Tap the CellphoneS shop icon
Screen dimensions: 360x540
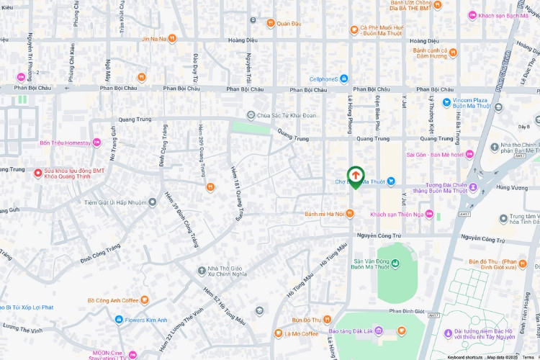pos(344,78)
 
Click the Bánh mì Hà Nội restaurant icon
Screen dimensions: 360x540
pos(350,213)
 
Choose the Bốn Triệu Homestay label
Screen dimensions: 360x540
pos(66,143)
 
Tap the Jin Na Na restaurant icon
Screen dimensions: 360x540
pos(171,38)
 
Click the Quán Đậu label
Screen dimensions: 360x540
pos(288,23)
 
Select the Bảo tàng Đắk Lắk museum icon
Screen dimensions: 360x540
pos(389,331)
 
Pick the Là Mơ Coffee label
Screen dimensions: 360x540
pos(300,333)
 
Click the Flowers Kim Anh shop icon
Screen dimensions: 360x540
pos(118,320)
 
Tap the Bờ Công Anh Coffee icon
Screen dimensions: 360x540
pos(145,300)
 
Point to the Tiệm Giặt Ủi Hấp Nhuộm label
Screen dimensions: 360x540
pos(115,203)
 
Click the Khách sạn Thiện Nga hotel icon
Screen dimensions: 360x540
pos(429,215)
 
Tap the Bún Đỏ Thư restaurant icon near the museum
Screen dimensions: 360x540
pos(327,319)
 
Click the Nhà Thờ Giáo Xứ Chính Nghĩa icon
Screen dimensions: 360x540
pos(202,271)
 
